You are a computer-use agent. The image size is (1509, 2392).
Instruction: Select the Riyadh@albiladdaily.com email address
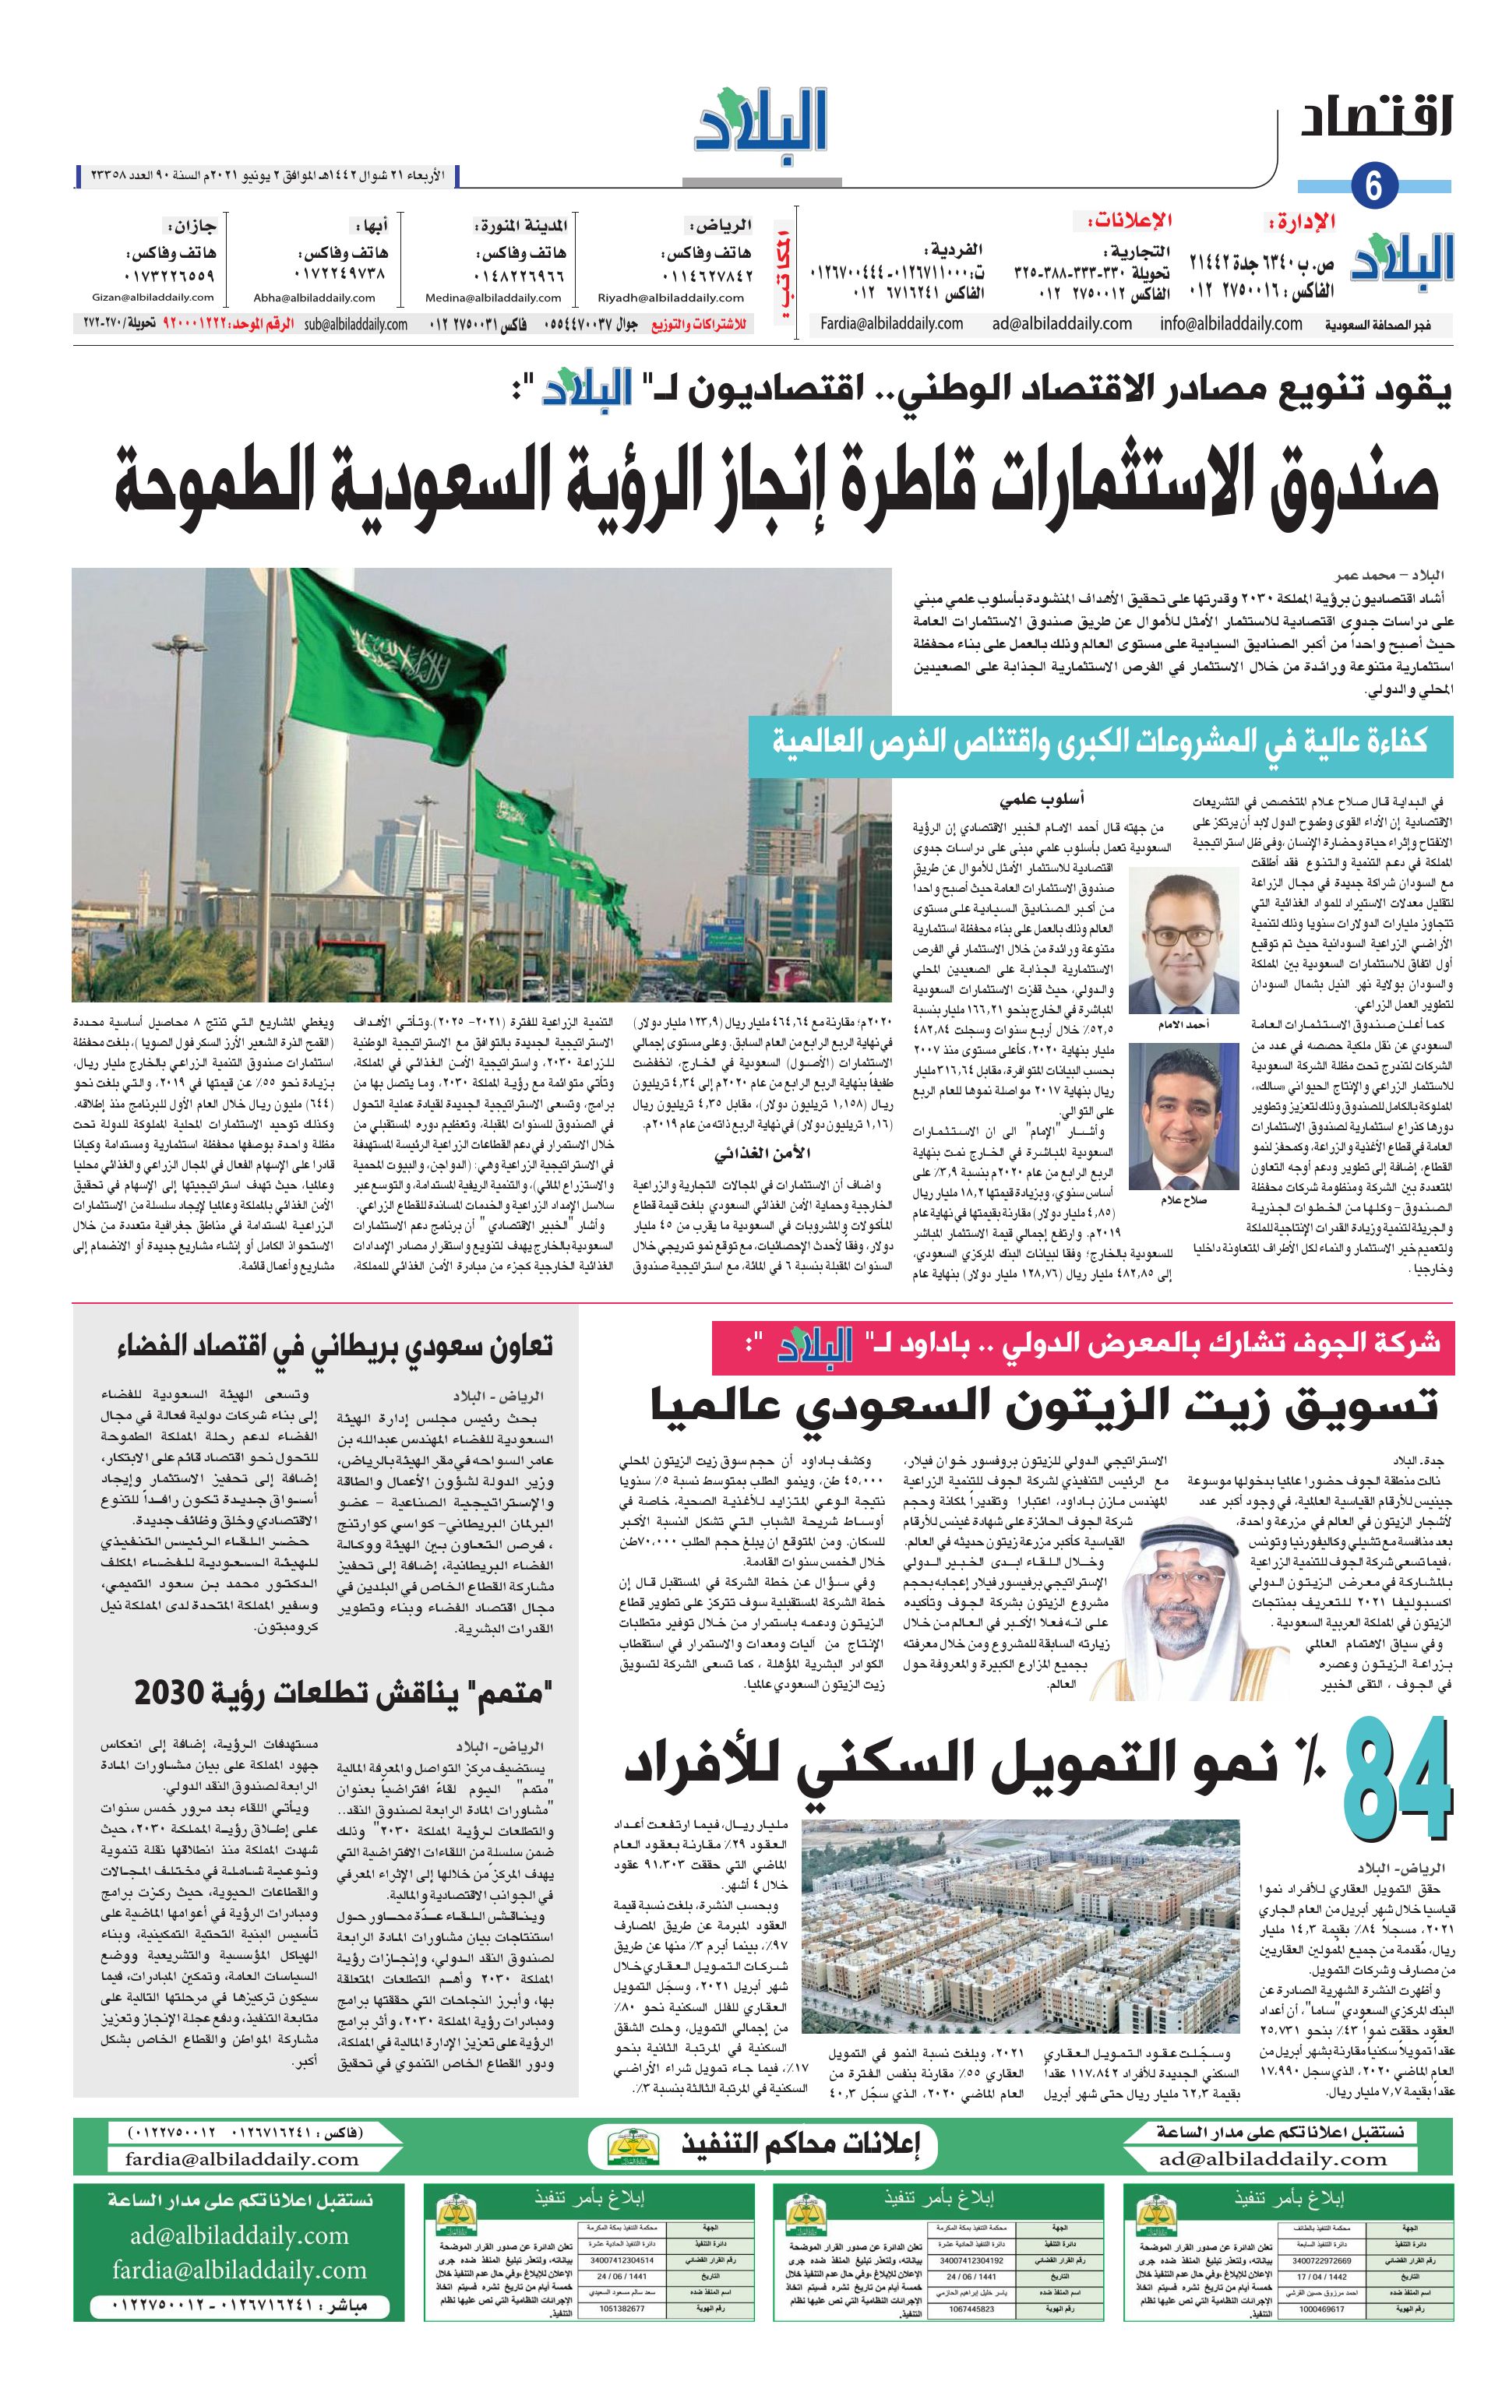coord(671,297)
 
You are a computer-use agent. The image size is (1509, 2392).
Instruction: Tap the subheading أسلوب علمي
coord(1028,798)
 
